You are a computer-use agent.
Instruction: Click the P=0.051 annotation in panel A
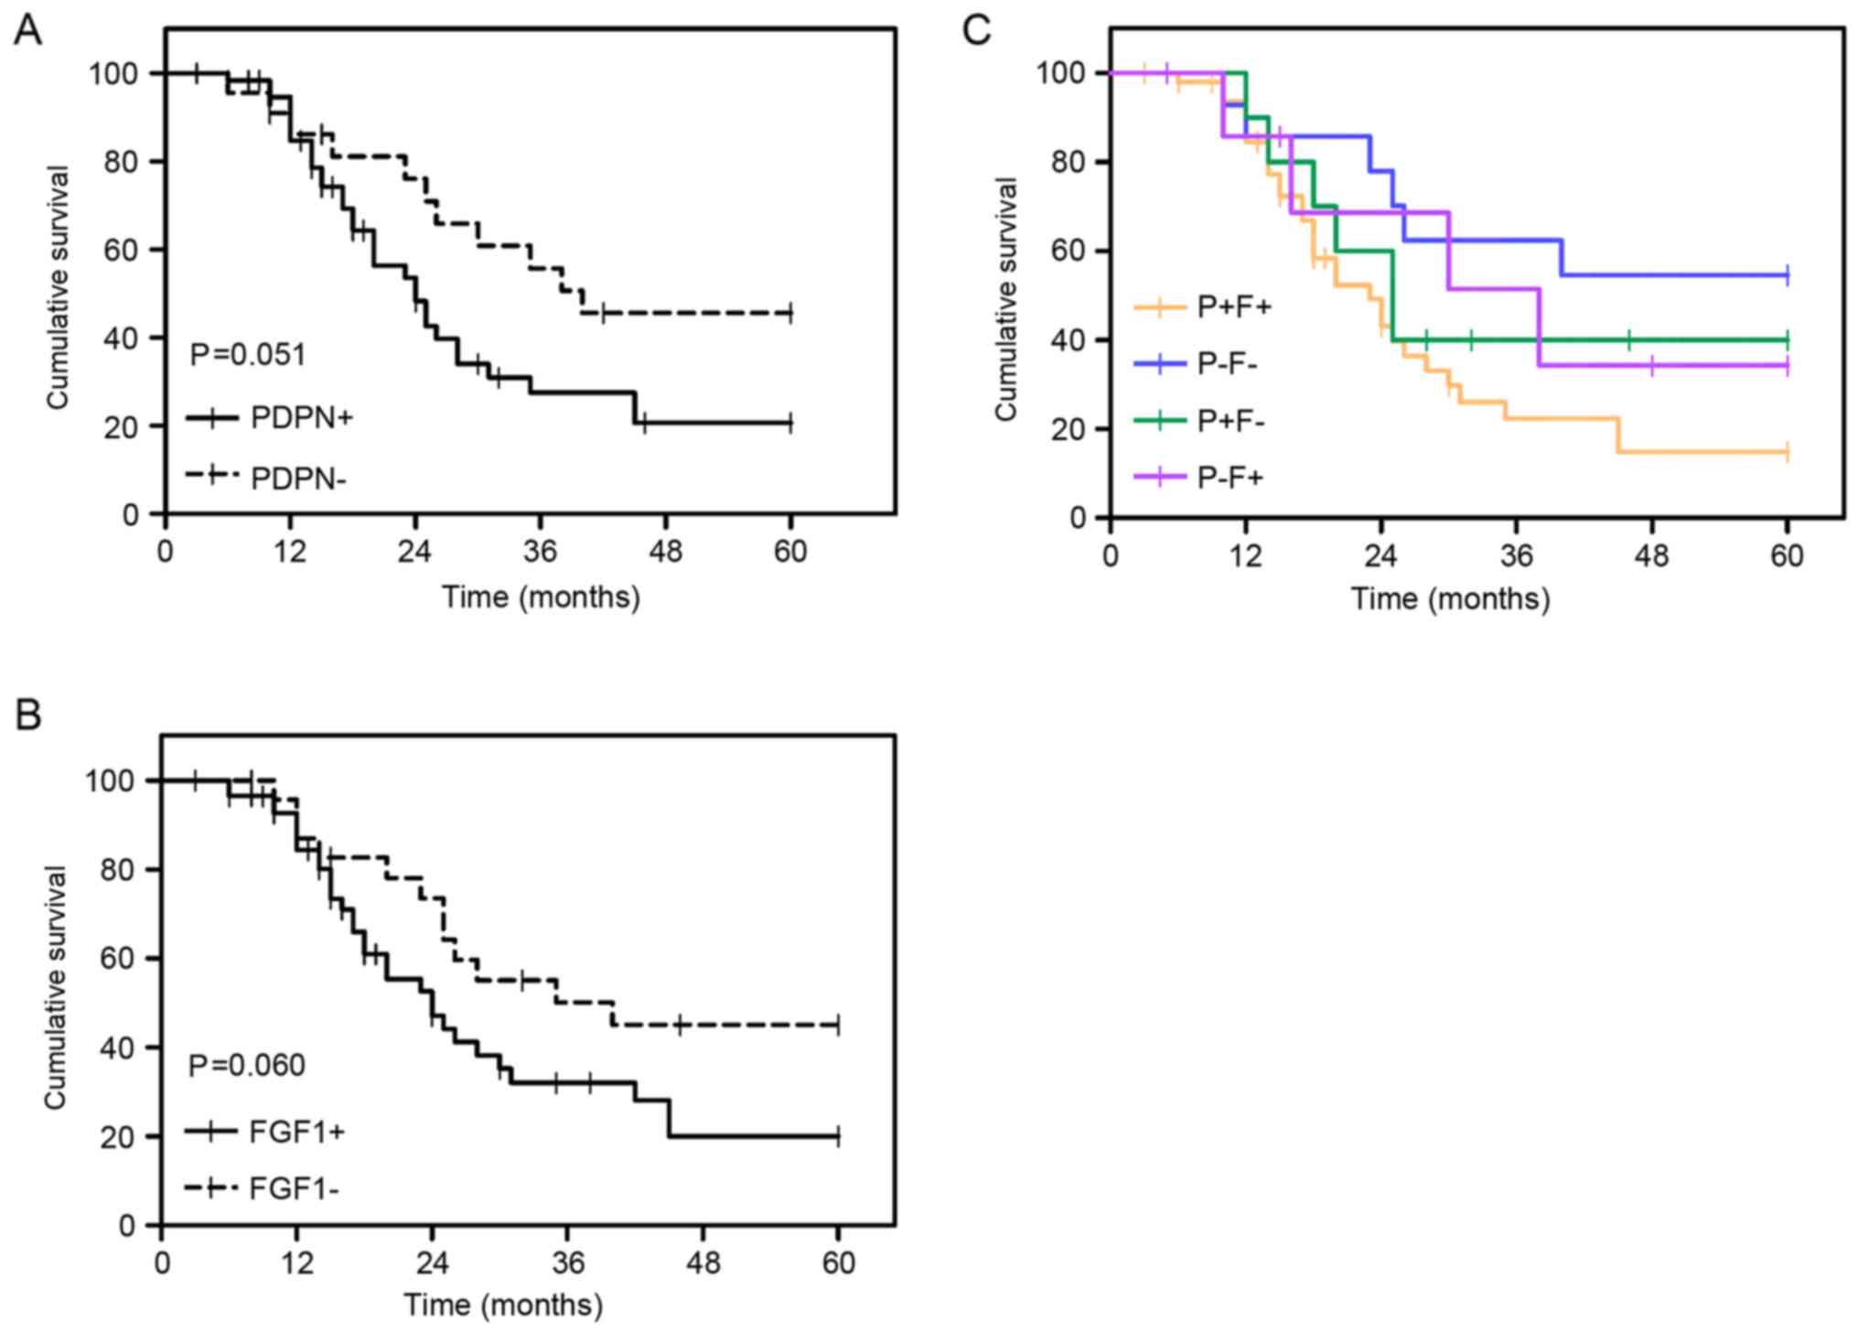pos(247,354)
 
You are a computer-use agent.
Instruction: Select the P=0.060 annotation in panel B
pos(246,1065)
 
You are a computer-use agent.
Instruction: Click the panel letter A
pos(28,31)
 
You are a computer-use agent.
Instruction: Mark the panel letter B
pos(28,715)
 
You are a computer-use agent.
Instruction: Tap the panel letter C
pos(976,31)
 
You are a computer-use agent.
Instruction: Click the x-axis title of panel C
pos(1450,599)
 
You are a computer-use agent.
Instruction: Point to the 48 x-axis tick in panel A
pos(665,552)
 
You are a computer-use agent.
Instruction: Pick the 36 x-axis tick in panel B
pos(567,1263)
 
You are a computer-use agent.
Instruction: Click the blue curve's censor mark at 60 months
pos(1787,274)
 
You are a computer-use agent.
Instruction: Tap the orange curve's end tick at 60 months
pos(1787,452)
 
